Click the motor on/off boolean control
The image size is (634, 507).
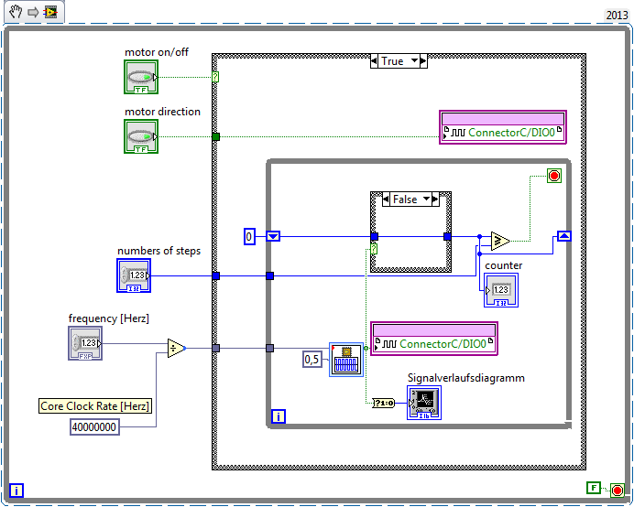pos(141,77)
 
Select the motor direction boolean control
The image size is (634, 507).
pos(141,136)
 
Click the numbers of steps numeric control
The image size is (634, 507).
pos(134,275)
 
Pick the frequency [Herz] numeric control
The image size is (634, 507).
pos(85,343)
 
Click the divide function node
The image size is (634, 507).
pos(176,348)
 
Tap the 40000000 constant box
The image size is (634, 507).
pos(95,426)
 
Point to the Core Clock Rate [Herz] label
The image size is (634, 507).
pos(94,406)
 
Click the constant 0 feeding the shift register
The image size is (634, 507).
pos(248,237)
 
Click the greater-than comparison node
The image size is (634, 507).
pos(500,242)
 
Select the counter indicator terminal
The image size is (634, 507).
pos(500,290)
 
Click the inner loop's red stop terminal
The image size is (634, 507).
pos(553,177)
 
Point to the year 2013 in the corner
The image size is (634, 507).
pos(618,16)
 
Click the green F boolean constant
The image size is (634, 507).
pos(594,489)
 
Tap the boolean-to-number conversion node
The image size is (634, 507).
pos(384,402)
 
